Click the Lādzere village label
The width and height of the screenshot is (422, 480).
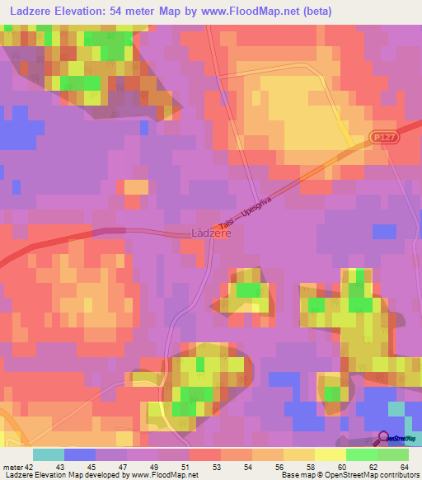(x=211, y=233)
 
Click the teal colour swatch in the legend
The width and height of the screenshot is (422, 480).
(x=49, y=454)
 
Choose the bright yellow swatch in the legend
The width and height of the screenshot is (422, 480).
(x=330, y=454)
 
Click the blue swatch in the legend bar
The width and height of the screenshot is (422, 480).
(x=80, y=454)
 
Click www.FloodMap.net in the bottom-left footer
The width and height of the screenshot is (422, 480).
(x=157, y=475)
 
